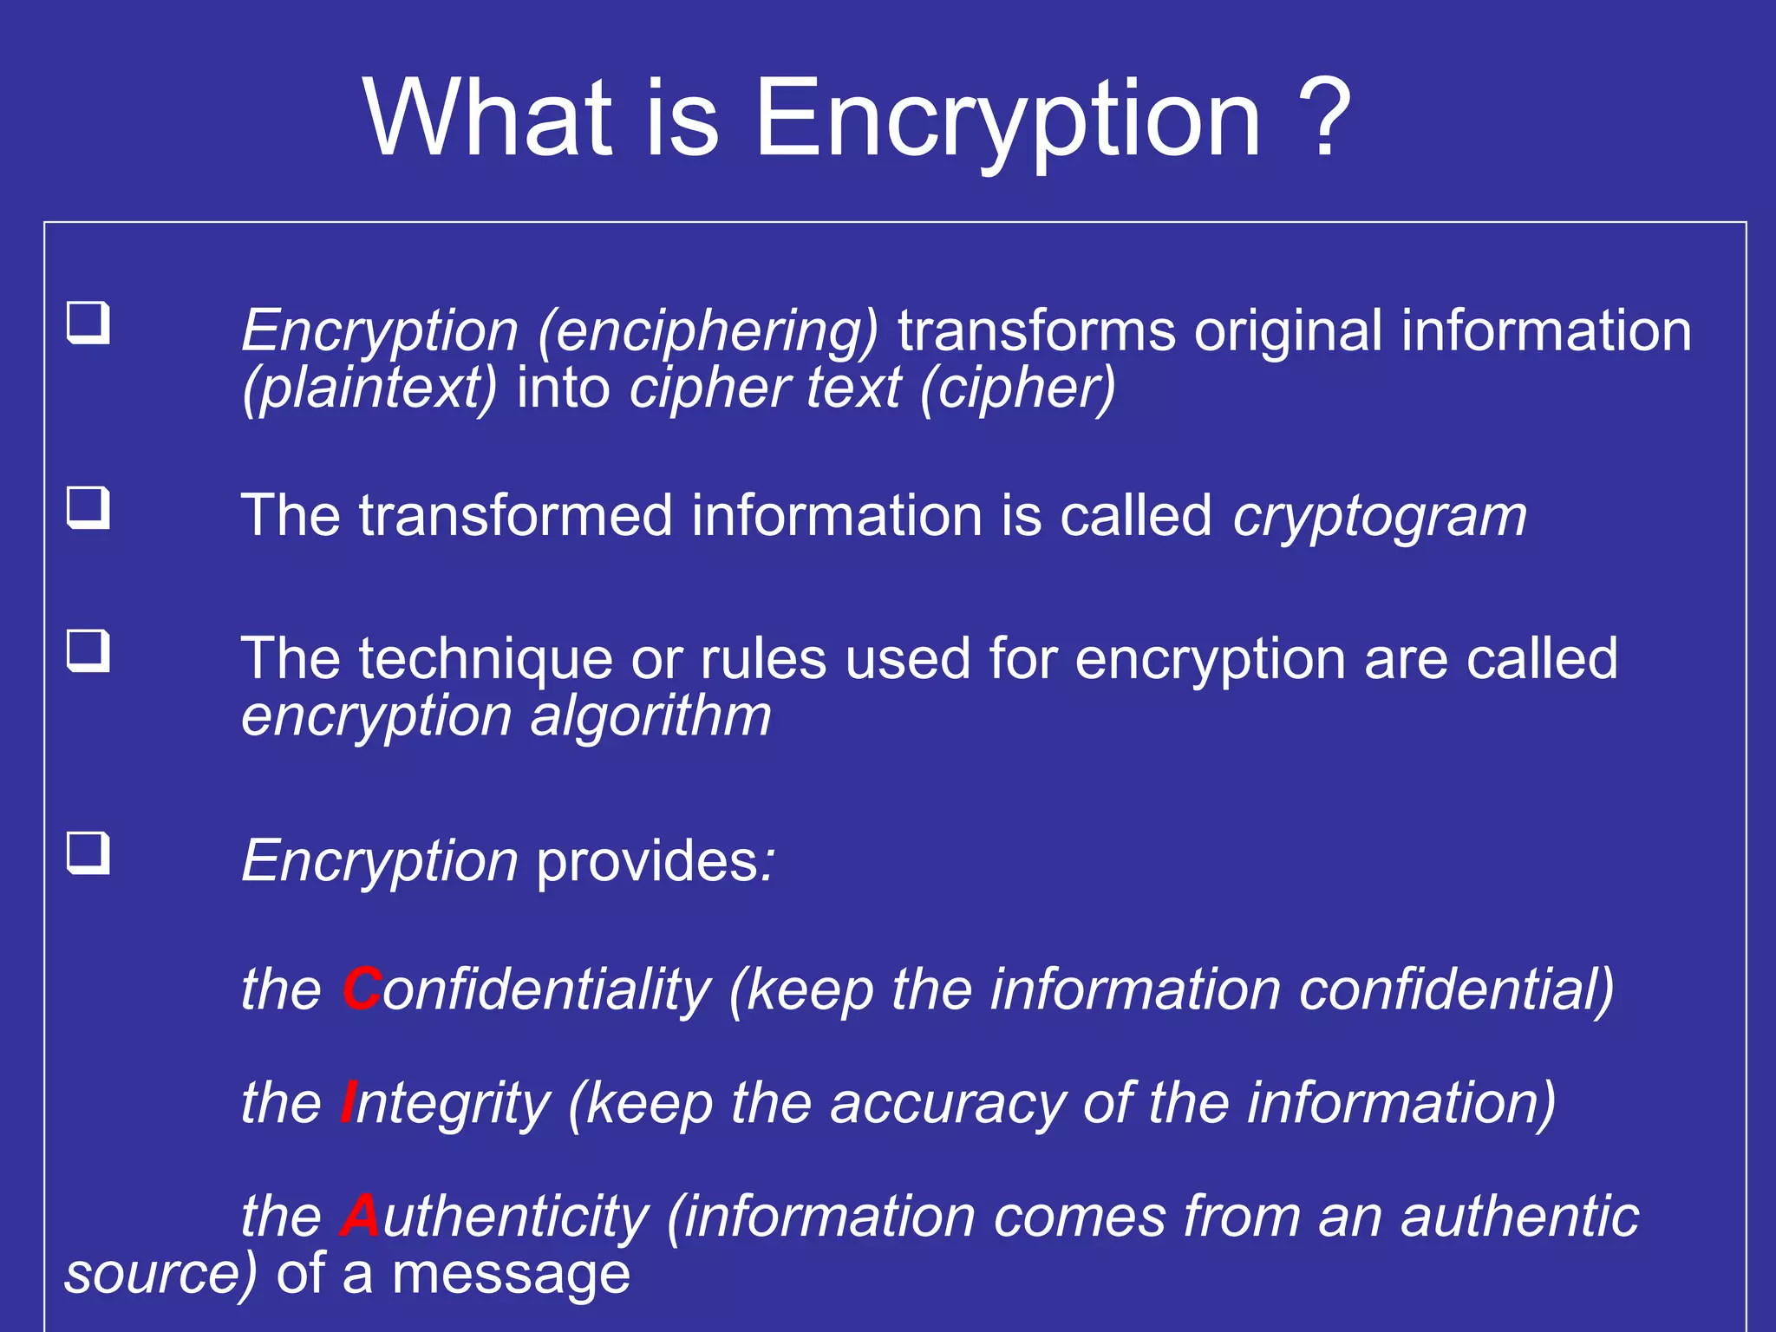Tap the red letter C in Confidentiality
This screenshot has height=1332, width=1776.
click(362, 989)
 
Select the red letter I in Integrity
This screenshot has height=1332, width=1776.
click(348, 1102)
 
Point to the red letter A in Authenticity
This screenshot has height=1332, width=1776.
click(360, 1216)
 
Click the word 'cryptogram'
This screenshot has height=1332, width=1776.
click(1379, 517)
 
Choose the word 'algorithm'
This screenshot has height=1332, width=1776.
click(650, 716)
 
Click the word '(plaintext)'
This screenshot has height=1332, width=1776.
click(369, 388)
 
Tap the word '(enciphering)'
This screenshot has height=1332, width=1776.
click(708, 331)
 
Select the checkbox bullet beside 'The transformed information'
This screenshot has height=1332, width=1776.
click(88, 507)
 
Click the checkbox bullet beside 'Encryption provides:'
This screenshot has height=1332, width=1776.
click(88, 852)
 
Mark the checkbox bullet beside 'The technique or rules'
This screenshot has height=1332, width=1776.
click(88, 650)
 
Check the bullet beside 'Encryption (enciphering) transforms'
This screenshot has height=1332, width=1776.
click(88, 323)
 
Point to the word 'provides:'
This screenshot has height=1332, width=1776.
click(656, 861)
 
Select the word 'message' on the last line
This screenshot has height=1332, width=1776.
click(511, 1274)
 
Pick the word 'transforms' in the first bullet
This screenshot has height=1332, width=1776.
click(1036, 330)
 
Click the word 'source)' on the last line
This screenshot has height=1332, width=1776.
click(160, 1274)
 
